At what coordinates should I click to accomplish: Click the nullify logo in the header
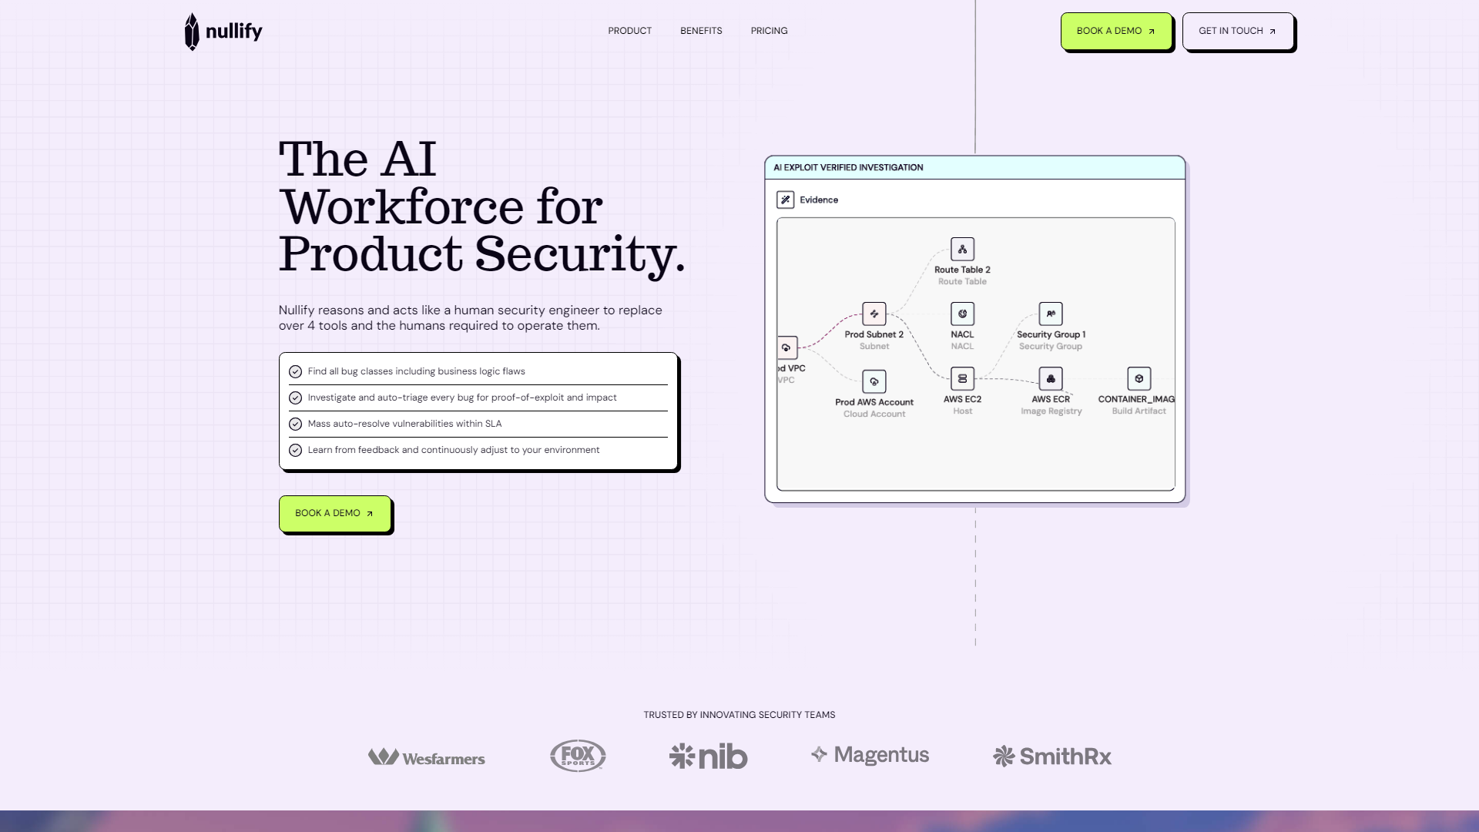pos(223,32)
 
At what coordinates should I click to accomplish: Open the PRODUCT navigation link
pos(629,31)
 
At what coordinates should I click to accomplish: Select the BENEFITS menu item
pos(701,31)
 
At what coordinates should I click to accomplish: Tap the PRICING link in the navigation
pos(769,31)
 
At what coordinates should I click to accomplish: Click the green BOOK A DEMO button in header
pos(1115,32)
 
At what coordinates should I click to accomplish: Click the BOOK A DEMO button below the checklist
pos(334,513)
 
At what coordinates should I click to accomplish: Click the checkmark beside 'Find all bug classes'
pos(295,372)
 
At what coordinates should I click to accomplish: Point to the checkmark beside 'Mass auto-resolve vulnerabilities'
pos(295,424)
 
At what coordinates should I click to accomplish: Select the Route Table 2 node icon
pos(962,249)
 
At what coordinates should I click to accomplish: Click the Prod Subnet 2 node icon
pos(874,314)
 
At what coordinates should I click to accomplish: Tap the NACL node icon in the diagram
pos(962,314)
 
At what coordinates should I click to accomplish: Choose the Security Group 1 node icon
pos(1051,314)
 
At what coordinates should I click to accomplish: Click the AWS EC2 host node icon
pos(962,378)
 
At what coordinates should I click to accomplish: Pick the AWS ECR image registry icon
pos(1051,378)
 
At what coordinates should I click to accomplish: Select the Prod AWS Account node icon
pos(874,381)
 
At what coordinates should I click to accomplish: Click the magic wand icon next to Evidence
pos(785,200)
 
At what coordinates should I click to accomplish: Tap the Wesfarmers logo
pos(426,757)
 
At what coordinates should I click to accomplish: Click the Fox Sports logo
pos(578,756)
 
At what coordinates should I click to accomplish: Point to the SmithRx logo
pos(1051,757)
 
